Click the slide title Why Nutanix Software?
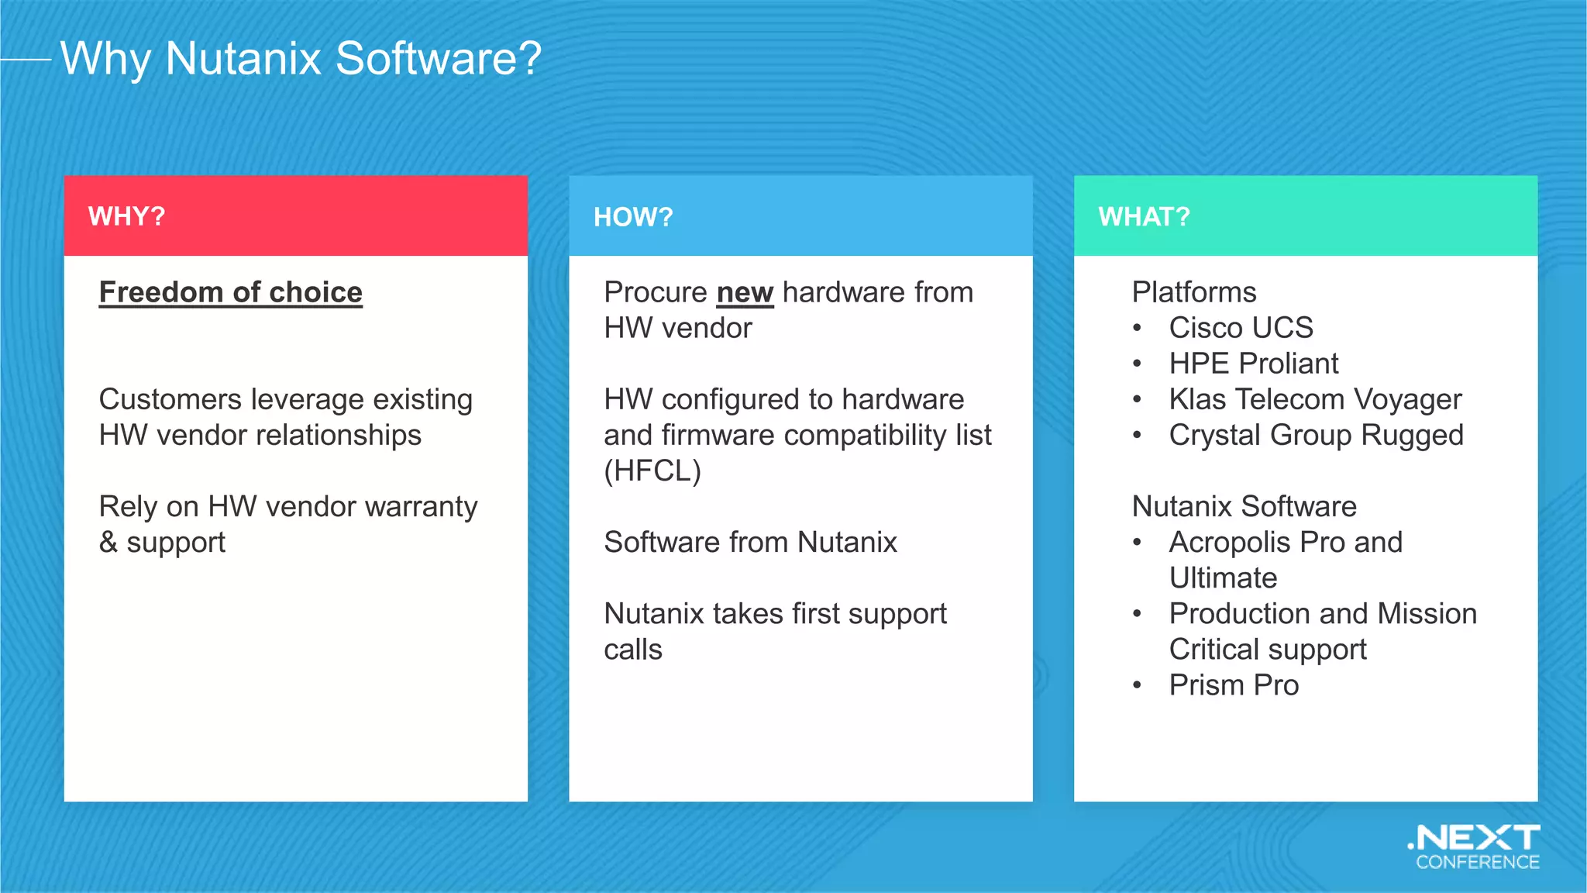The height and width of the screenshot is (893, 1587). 301,59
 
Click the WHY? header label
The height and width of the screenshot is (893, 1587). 126,216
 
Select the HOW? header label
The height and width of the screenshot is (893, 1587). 633,217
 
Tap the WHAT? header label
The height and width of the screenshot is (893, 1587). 1144,217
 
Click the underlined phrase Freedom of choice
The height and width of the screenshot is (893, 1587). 231,292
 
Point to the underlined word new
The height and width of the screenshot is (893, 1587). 745,293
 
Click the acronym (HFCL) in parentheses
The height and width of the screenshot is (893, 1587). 652,471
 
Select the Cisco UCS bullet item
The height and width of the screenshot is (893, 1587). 1241,328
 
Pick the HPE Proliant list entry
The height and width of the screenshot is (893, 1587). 1253,364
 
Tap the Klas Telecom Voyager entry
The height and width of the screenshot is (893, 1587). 1315,399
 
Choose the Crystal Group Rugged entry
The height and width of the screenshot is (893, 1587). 1316,435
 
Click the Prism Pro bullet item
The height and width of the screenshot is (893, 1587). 1234,685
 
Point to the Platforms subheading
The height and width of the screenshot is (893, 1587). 1193,292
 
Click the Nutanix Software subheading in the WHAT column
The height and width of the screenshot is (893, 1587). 1244,506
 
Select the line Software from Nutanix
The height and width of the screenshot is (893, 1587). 750,542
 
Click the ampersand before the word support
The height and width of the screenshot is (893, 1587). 108,542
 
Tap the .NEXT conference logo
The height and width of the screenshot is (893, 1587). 1475,847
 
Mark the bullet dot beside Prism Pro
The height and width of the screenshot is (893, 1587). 1137,685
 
